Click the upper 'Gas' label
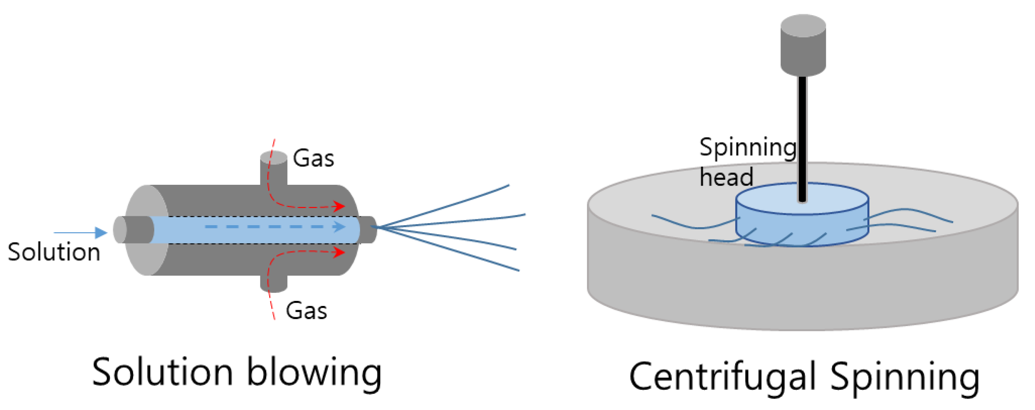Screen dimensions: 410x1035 313,158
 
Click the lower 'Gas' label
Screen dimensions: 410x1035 306,310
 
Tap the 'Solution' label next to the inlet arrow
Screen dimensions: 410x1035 54,252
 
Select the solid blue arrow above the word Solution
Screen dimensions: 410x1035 80,232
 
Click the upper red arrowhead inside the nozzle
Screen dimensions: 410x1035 340,206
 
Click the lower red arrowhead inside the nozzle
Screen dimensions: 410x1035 340,252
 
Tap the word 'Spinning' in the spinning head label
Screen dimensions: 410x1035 747,148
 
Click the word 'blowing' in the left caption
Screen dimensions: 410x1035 313,372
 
